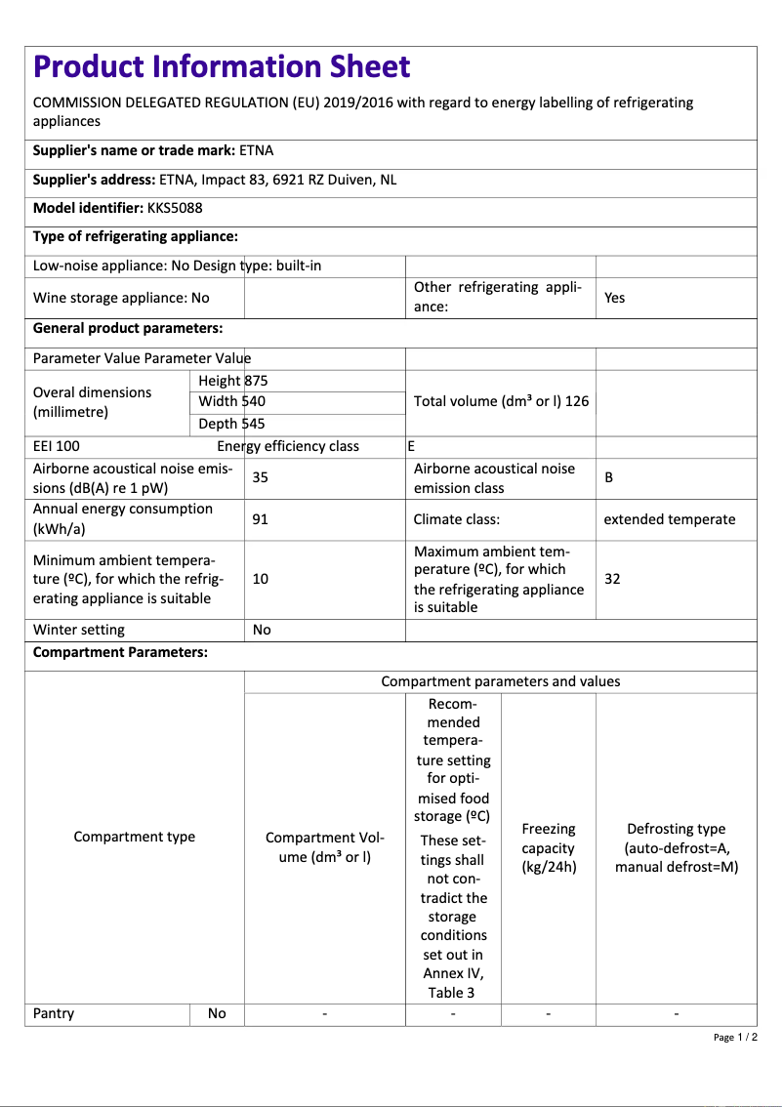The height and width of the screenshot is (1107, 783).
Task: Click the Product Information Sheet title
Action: pos(222,66)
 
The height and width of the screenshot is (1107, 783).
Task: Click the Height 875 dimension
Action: pos(232,381)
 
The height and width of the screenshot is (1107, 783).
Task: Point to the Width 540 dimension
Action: pos(231,401)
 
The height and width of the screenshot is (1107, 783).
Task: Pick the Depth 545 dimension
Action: pos(231,424)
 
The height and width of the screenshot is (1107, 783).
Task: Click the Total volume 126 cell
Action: pos(501,401)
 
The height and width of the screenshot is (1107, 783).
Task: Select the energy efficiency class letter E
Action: pos(411,446)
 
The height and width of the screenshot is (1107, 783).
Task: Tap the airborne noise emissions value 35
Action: pos(261,477)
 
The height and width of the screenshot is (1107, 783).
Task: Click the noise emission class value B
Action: pos(609,477)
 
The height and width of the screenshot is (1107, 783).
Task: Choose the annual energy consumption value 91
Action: pos(261,519)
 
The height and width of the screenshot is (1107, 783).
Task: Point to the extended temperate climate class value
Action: pos(670,519)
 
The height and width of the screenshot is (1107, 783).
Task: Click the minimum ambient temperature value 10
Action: pos(261,579)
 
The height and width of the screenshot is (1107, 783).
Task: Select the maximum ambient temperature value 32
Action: pos(612,579)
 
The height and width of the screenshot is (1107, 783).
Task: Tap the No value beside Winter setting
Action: pos(262,630)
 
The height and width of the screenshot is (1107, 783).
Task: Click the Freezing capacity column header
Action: pos(549,847)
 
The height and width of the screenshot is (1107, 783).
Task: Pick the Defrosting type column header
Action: pos(677,847)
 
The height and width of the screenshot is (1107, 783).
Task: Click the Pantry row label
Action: pos(54,1013)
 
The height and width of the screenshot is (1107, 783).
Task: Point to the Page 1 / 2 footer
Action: pos(735,1037)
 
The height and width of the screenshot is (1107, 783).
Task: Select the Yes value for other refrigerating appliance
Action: pos(614,298)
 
